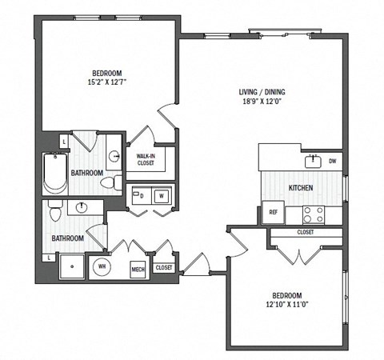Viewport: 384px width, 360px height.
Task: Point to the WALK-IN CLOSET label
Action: coord(146,159)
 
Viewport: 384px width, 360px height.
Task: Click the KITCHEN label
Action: coord(300,188)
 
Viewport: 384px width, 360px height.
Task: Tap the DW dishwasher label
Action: coord(331,160)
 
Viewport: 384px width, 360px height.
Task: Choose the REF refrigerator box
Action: coord(273,213)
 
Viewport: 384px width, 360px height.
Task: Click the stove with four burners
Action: coord(312,214)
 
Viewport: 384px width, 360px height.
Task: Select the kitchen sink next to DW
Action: coord(313,162)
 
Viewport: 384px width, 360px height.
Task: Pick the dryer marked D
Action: coord(141,194)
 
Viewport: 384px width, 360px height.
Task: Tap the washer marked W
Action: coord(161,194)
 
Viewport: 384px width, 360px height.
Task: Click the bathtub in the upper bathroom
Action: coord(54,173)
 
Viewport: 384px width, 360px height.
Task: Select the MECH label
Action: coord(137,268)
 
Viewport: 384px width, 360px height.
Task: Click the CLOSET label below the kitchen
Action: coord(305,232)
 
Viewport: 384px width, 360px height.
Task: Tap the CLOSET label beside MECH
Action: coord(164,268)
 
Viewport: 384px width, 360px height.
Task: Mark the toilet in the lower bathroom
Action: coord(54,212)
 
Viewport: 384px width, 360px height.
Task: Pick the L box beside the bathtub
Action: coord(63,142)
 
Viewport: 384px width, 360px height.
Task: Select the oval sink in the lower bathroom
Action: coord(82,208)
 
